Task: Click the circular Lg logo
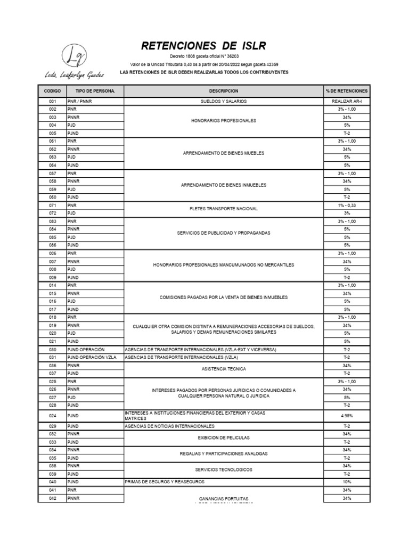(71, 55)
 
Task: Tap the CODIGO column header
(52, 91)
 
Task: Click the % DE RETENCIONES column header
(346, 91)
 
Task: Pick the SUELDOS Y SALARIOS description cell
(223, 101)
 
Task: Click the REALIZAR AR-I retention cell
(346, 101)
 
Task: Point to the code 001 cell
(52, 101)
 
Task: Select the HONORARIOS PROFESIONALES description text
(223, 121)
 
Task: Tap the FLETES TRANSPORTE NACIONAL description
(223, 209)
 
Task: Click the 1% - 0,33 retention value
(346, 205)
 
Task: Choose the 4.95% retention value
(346, 416)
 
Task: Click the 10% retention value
(346, 482)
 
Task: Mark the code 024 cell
(52, 416)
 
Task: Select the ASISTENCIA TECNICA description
(223, 368)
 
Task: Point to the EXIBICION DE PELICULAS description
(223, 438)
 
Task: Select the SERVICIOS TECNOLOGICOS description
(223, 470)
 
